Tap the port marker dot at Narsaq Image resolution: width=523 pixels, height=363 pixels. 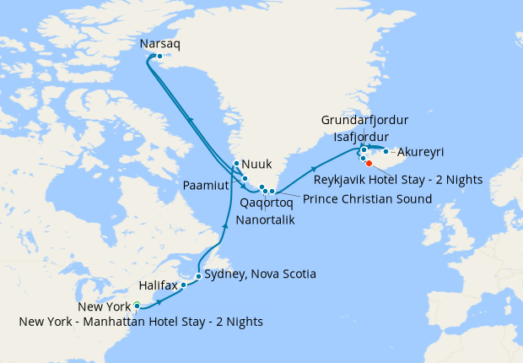click(159, 57)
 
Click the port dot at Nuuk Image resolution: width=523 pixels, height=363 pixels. click(236, 164)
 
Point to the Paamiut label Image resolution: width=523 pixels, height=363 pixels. click(207, 183)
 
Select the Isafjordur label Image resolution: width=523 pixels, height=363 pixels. click(361, 137)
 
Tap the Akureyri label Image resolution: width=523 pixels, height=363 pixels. click(419, 153)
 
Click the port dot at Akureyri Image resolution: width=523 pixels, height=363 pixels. click(386, 151)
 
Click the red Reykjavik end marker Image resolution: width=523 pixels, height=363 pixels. click(369, 163)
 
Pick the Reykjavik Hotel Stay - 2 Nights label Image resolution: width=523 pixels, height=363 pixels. click(397, 180)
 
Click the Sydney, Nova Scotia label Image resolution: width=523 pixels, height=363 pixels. click(260, 274)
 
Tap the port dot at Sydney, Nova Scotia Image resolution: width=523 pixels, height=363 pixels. click(198, 276)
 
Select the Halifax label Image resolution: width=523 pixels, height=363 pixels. click(159, 286)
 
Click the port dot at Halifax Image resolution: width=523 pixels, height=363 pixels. click(184, 284)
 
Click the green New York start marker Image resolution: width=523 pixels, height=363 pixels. click(137, 306)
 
